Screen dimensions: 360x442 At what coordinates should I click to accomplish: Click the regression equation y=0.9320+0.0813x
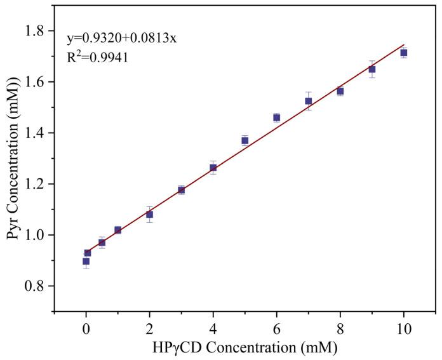(121, 39)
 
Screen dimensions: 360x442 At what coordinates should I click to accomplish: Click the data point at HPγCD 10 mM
(403, 53)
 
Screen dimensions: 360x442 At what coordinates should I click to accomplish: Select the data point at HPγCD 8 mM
(340, 91)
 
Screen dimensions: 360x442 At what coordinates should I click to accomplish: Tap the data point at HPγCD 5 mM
(244, 140)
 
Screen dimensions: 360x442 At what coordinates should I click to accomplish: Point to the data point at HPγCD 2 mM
(149, 215)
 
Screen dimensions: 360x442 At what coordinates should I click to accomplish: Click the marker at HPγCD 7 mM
(308, 101)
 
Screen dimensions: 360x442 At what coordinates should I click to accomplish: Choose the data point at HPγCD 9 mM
(372, 69)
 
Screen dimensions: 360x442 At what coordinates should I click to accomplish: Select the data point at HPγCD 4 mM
(213, 168)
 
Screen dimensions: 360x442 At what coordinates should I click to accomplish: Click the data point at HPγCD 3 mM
(181, 190)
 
